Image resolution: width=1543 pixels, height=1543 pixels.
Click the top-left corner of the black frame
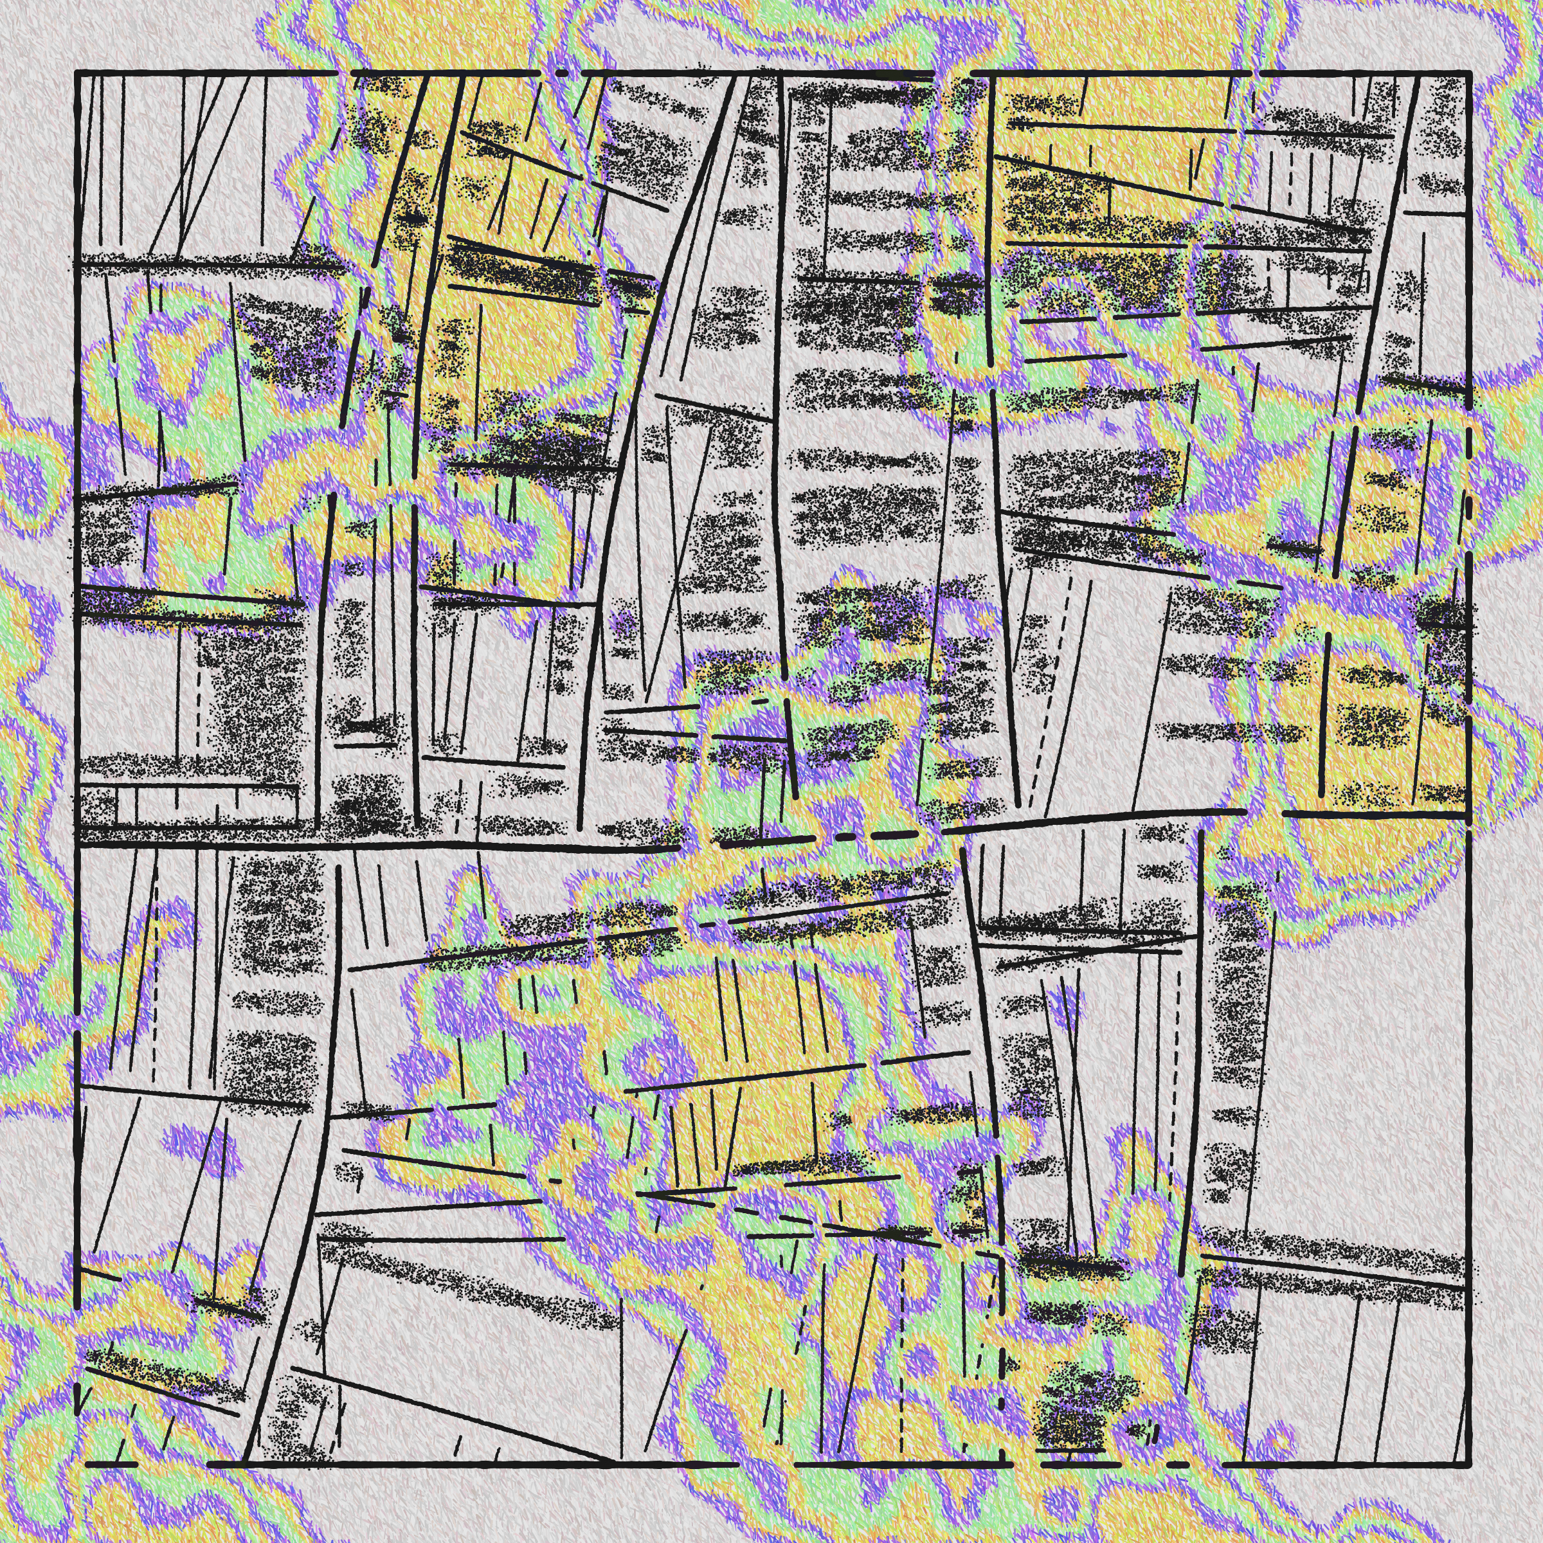click(77, 73)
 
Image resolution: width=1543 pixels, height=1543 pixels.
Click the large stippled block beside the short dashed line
click(256, 695)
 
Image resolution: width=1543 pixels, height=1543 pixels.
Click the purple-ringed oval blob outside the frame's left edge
click(28, 479)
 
